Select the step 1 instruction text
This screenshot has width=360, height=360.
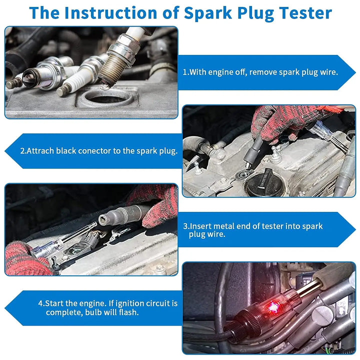260,72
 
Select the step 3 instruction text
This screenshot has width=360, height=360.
252,230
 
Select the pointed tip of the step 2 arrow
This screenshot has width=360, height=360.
6,150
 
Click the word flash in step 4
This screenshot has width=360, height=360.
128,312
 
